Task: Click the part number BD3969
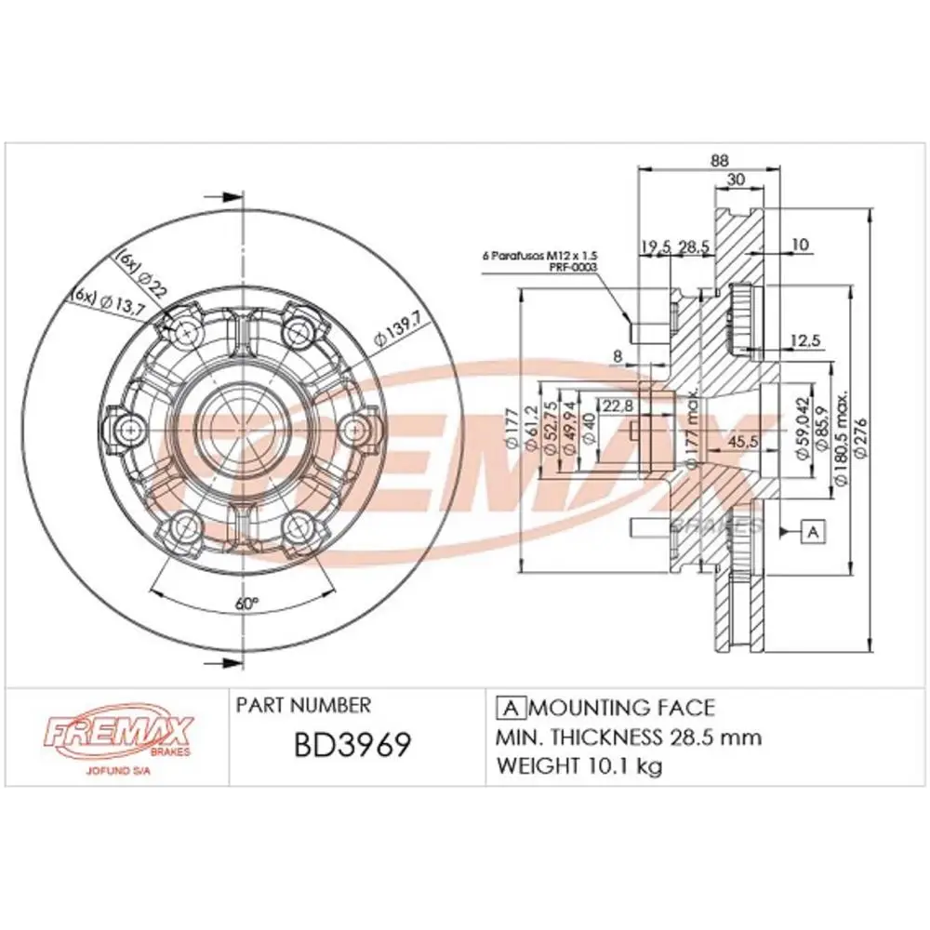(x=352, y=747)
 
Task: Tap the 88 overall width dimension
(x=719, y=160)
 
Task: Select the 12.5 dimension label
(x=804, y=341)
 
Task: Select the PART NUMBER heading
(x=303, y=705)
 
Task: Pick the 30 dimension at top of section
(x=737, y=179)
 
